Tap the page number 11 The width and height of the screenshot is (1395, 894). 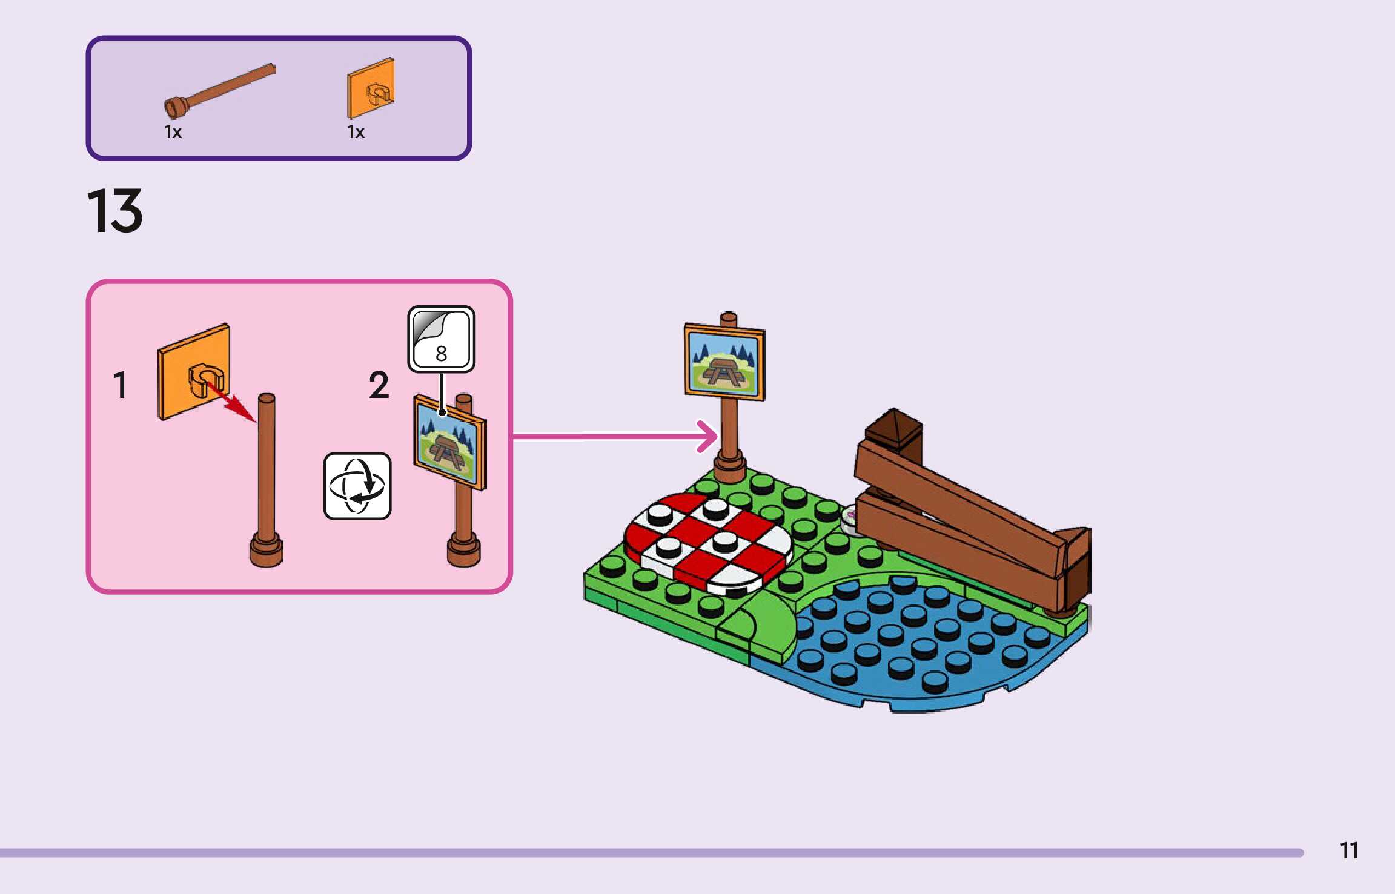[1348, 850]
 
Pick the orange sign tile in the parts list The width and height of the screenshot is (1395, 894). [371, 89]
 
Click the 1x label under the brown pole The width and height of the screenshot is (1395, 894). [173, 133]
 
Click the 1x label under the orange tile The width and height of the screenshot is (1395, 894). [356, 133]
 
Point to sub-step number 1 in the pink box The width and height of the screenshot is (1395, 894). [120, 385]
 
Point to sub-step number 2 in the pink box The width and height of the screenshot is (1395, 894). [379, 385]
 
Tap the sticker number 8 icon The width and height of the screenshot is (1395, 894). [441, 339]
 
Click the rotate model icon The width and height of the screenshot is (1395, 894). [357, 486]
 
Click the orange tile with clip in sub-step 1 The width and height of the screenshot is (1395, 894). [193, 371]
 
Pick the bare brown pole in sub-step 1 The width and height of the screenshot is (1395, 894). [267, 466]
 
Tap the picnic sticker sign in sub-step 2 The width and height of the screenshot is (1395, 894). [449, 442]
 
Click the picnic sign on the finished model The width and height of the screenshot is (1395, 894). [724, 363]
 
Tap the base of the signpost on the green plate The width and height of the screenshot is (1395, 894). [729, 469]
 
